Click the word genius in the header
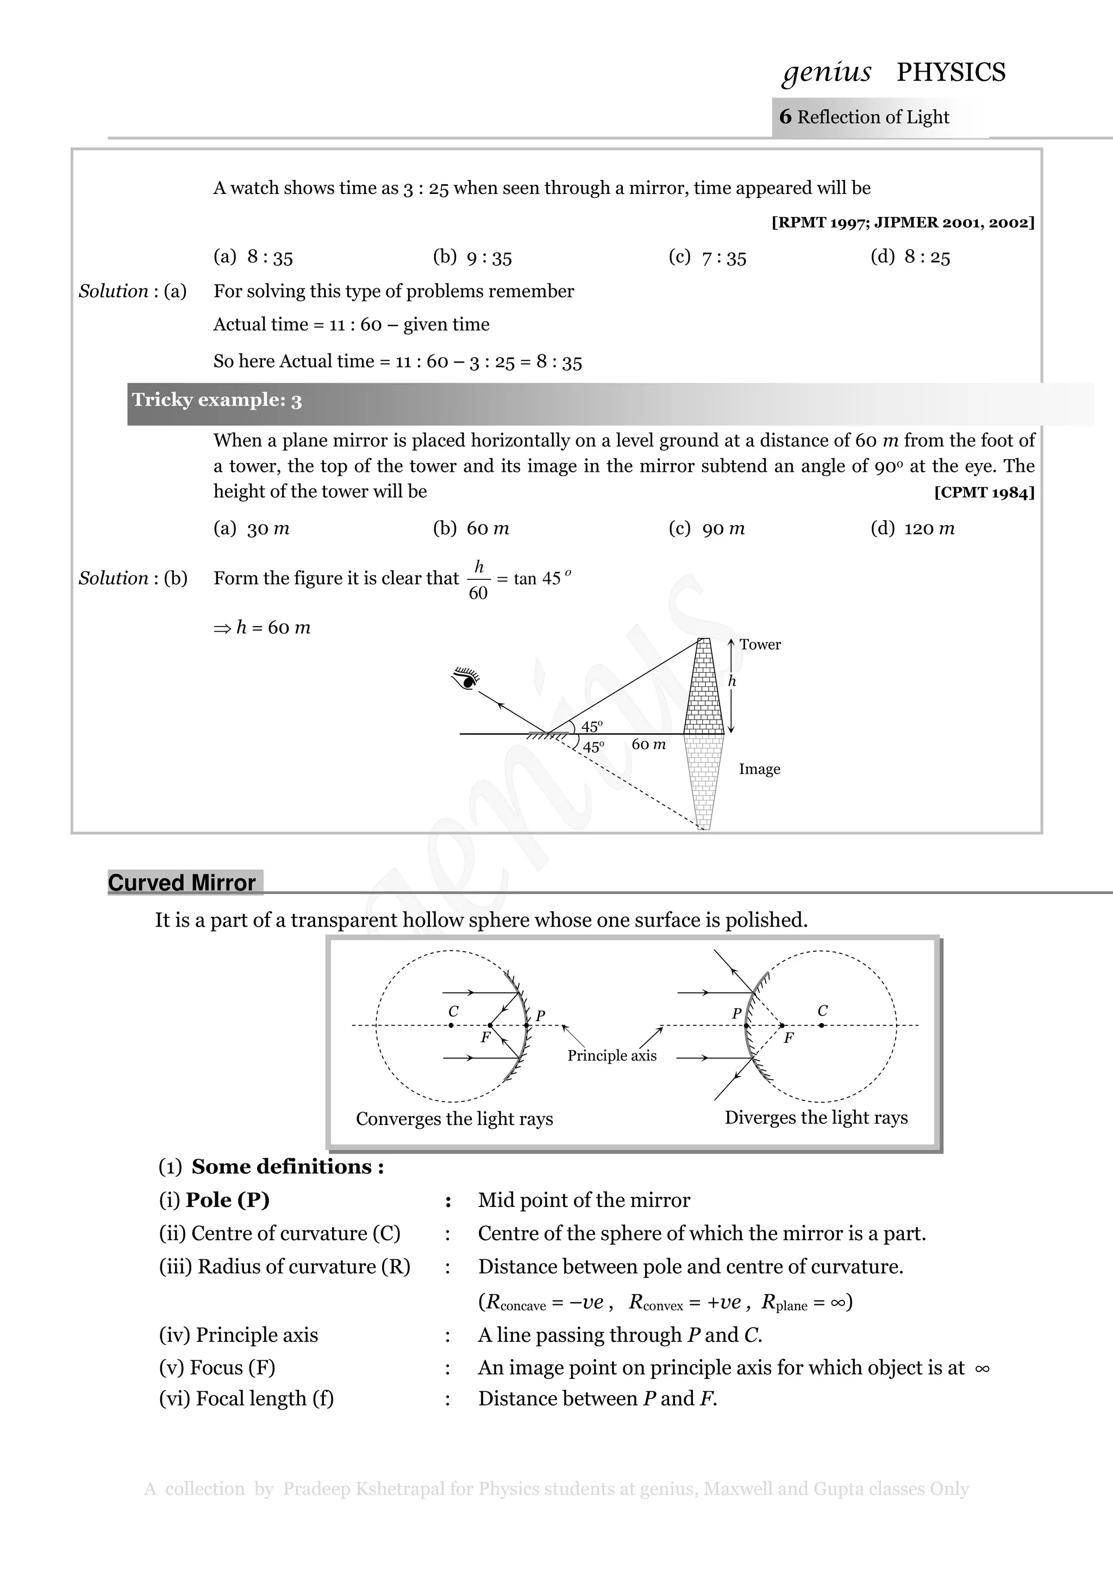click(x=827, y=72)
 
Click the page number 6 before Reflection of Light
click(x=785, y=117)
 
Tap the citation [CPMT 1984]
click(x=984, y=492)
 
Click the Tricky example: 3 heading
click(x=217, y=400)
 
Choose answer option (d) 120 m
click(x=913, y=528)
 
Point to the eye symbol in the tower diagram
click(x=466, y=678)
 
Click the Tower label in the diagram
click(x=760, y=644)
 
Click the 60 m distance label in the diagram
click(x=648, y=744)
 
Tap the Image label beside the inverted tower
click(x=759, y=769)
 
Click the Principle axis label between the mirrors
click(x=612, y=1056)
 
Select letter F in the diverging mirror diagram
click(x=789, y=1038)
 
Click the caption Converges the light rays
click(x=454, y=1119)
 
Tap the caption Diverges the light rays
click(x=816, y=1117)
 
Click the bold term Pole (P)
click(x=227, y=1200)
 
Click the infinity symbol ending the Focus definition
click(x=982, y=1368)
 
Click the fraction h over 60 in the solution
click(x=479, y=580)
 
